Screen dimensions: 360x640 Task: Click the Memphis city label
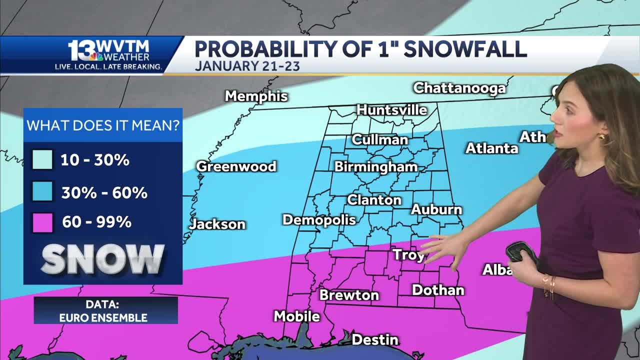pyautogui.click(x=256, y=96)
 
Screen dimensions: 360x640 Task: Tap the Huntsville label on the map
pyautogui.click(x=391, y=110)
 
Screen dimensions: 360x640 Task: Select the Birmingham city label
pyautogui.click(x=375, y=167)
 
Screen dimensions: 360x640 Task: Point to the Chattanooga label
pyautogui.click(x=459, y=88)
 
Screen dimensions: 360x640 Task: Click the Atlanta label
pyautogui.click(x=491, y=148)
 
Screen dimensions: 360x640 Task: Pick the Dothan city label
pyautogui.click(x=438, y=290)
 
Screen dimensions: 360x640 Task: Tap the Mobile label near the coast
pyautogui.click(x=296, y=316)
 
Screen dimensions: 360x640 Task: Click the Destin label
pyautogui.click(x=375, y=340)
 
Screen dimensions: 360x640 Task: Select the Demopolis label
pyautogui.click(x=319, y=220)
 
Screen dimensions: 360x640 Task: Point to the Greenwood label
pyautogui.click(x=236, y=166)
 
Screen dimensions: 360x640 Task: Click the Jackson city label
pyautogui.click(x=217, y=224)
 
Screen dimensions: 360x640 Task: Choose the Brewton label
pyautogui.click(x=349, y=295)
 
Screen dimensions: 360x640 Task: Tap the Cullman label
pyautogui.click(x=379, y=139)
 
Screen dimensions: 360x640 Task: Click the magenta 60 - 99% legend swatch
pyautogui.click(x=42, y=222)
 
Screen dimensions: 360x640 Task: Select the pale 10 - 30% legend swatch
pyautogui.click(x=42, y=160)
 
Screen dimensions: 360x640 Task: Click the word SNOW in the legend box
pyautogui.click(x=102, y=259)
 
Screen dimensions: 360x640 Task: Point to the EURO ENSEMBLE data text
pyautogui.click(x=103, y=317)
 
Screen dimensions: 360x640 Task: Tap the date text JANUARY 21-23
pyautogui.click(x=247, y=66)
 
